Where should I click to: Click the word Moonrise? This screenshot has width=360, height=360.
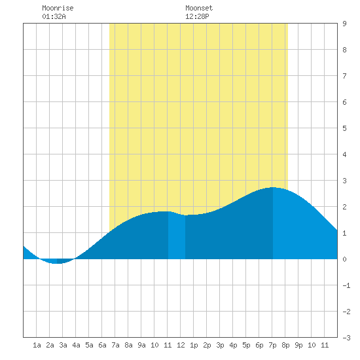click(x=58, y=8)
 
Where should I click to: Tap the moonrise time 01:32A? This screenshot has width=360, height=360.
click(x=54, y=16)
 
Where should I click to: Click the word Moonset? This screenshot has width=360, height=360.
click(x=199, y=8)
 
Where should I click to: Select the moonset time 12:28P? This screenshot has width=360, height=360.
click(x=197, y=16)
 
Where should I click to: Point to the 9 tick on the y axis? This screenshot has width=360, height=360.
click(x=344, y=24)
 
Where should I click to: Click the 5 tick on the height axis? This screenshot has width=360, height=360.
click(x=344, y=128)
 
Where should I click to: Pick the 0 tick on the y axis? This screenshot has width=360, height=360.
click(x=344, y=259)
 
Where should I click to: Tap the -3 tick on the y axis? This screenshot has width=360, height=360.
click(x=346, y=338)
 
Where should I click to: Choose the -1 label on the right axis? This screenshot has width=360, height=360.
click(x=346, y=285)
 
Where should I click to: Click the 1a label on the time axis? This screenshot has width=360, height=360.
click(x=37, y=345)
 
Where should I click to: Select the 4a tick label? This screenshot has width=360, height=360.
click(x=76, y=345)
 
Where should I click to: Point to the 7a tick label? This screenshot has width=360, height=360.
click(x=115, y=345)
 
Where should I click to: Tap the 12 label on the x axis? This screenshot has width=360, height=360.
click(x=181, y=345)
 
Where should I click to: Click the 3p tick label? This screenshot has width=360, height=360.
click(x=220, y=345)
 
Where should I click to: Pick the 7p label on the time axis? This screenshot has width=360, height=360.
click(x=272, y=345)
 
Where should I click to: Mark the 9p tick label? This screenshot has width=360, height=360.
click(x=298, y=345)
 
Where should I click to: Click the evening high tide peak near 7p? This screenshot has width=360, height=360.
click(x=273, y=188)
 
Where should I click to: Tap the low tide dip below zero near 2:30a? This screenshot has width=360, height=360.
click(x=56, y=263)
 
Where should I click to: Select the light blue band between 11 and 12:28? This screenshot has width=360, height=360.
click(x=177, y=236)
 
